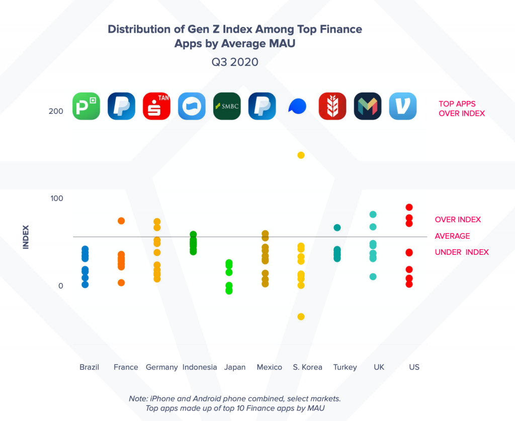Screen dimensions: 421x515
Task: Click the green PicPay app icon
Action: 86,106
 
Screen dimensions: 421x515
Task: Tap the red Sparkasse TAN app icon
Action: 156,106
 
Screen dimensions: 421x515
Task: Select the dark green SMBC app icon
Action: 227,106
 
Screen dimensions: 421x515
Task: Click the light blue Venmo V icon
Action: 403,106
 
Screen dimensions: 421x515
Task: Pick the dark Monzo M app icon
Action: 368,106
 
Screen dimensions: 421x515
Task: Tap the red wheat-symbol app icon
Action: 332,106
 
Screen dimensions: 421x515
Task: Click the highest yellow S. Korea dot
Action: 301,155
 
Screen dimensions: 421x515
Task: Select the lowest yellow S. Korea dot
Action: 301,317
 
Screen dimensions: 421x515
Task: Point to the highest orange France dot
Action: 121,221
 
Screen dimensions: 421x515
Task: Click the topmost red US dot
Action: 409,207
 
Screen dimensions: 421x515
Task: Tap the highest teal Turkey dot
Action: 337,228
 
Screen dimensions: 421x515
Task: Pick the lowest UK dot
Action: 373,276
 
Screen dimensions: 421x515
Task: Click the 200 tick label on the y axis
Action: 56,111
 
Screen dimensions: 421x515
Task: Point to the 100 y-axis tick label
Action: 56,198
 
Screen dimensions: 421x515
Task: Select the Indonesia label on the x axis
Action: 200,367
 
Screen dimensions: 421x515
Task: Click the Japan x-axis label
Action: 235,367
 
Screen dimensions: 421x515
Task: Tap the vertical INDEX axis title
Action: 26,236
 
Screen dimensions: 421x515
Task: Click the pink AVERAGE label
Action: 452,236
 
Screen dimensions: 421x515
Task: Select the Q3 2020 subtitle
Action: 235,62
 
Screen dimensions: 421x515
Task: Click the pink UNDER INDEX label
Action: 462,252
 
